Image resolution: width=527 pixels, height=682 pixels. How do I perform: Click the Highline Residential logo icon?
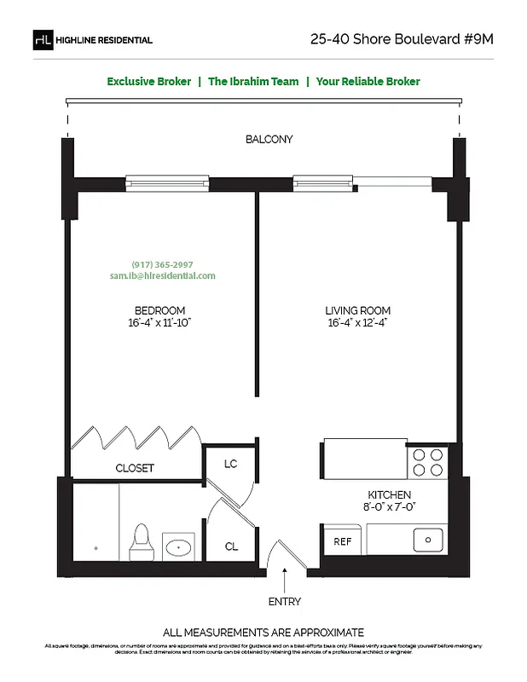42,39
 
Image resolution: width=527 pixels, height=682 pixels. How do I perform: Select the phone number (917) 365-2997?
162,264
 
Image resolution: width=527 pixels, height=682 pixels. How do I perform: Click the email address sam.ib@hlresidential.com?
162,276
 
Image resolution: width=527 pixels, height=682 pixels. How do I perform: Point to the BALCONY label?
269,140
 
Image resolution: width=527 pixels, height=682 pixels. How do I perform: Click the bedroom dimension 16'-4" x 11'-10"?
159,323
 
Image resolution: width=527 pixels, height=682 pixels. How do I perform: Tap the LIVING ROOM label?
357,310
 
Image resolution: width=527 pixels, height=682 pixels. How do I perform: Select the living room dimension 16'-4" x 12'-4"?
357,323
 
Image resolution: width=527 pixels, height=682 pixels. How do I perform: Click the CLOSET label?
135,468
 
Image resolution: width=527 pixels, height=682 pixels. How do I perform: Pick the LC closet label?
229,465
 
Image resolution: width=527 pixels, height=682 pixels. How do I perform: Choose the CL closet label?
230,546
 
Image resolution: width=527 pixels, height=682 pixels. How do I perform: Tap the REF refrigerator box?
342,541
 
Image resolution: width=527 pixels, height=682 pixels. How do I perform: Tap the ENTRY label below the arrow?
284,602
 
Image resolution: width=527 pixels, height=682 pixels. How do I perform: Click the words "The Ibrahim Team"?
253,82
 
